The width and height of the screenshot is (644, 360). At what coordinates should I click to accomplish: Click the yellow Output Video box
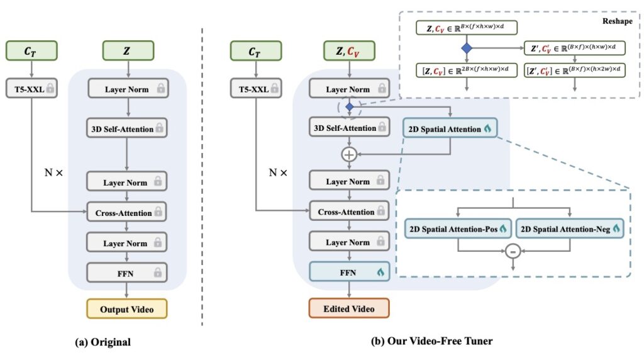point(127,309)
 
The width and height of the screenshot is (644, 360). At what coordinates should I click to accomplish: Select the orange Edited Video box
point(348,309)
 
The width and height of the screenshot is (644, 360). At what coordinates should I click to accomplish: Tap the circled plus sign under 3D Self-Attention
point(348,154)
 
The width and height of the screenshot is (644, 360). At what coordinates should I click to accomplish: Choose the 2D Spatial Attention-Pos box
point(458,228)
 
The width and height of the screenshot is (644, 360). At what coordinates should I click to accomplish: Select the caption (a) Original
point(103,342)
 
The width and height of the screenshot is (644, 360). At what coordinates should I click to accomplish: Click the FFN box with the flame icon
point(348,272)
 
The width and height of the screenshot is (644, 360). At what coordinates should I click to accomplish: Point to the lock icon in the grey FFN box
point(157,273)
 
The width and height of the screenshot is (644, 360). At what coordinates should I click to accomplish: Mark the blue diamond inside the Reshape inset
point(465,48)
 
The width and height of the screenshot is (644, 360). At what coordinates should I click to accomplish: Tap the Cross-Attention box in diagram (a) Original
point(127,212)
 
